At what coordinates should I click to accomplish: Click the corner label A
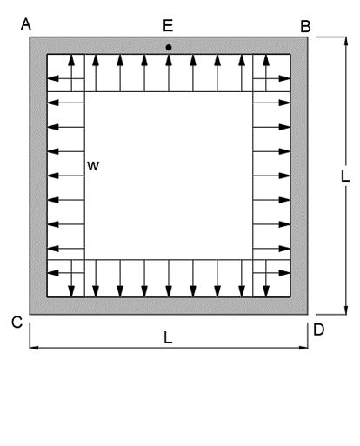(26, 24)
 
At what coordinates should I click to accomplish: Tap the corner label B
(305, 26)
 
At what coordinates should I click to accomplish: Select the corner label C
(17, 323)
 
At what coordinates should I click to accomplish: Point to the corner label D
(319, 330)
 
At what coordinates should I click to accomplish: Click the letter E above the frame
(168, 25)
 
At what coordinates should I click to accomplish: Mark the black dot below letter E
(169, 48)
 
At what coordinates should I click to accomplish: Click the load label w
(93, 166)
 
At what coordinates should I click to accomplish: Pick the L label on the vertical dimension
(345, 176)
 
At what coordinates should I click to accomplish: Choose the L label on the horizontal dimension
(168, 337)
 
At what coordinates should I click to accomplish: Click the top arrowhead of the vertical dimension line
(346, 42)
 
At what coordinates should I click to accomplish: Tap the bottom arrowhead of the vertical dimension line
(346, 310)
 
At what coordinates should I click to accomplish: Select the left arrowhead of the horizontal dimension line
(34, 348)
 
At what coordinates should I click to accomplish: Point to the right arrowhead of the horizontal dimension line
(303, 348)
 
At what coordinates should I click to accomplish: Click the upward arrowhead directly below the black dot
(169, 60)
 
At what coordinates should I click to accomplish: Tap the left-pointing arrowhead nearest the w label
(53, 176)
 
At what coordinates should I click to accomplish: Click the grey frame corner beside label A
(30, 37)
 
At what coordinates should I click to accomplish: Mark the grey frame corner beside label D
(308, 315)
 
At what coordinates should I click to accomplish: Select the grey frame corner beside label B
(308, 37)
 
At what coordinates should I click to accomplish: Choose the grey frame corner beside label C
(30, 315)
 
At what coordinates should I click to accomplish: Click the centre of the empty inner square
(169, 176)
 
